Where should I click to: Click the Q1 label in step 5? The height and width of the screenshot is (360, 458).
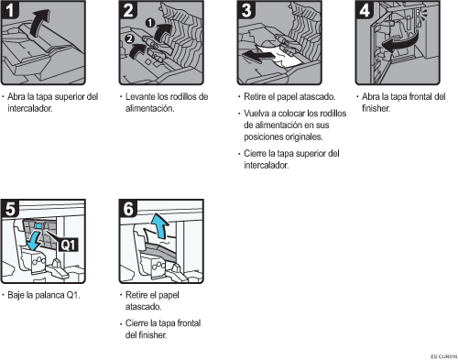click(71, 244)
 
